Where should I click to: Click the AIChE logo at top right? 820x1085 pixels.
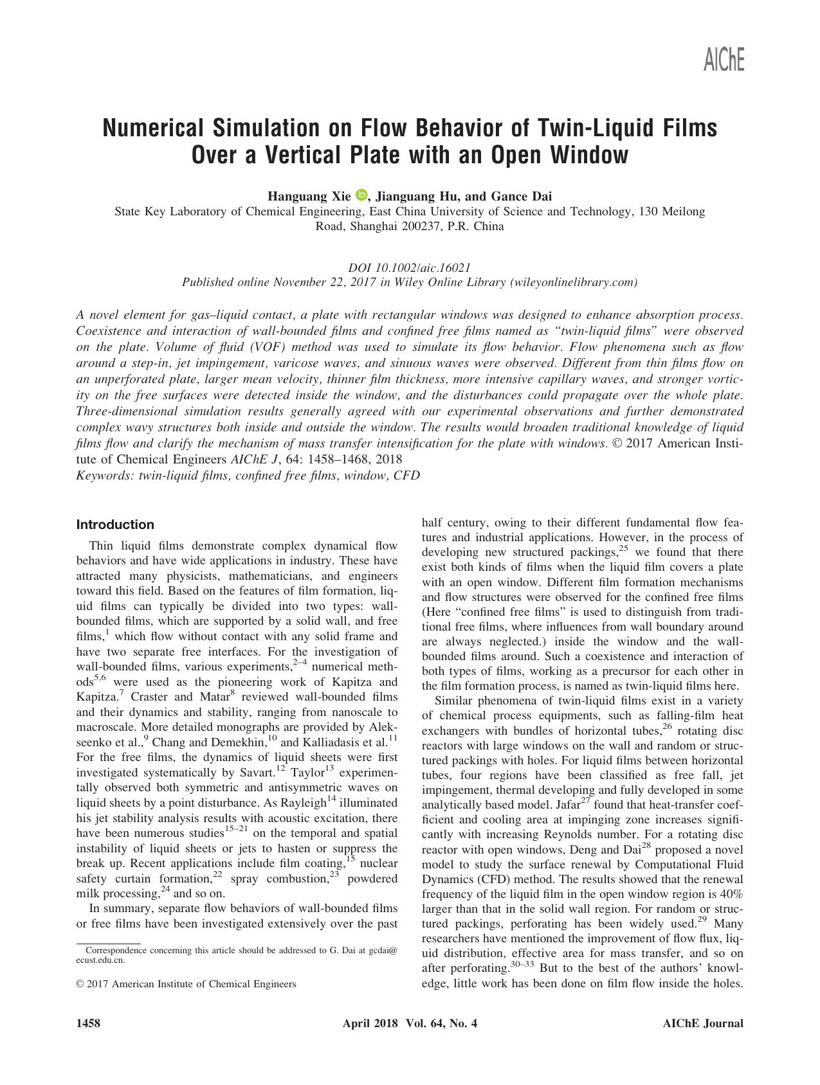[724, 60]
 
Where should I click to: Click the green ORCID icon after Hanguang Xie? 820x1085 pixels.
[360, 195]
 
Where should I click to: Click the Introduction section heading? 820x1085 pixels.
[115, 525]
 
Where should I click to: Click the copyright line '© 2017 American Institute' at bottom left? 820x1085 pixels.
[187, 984]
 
